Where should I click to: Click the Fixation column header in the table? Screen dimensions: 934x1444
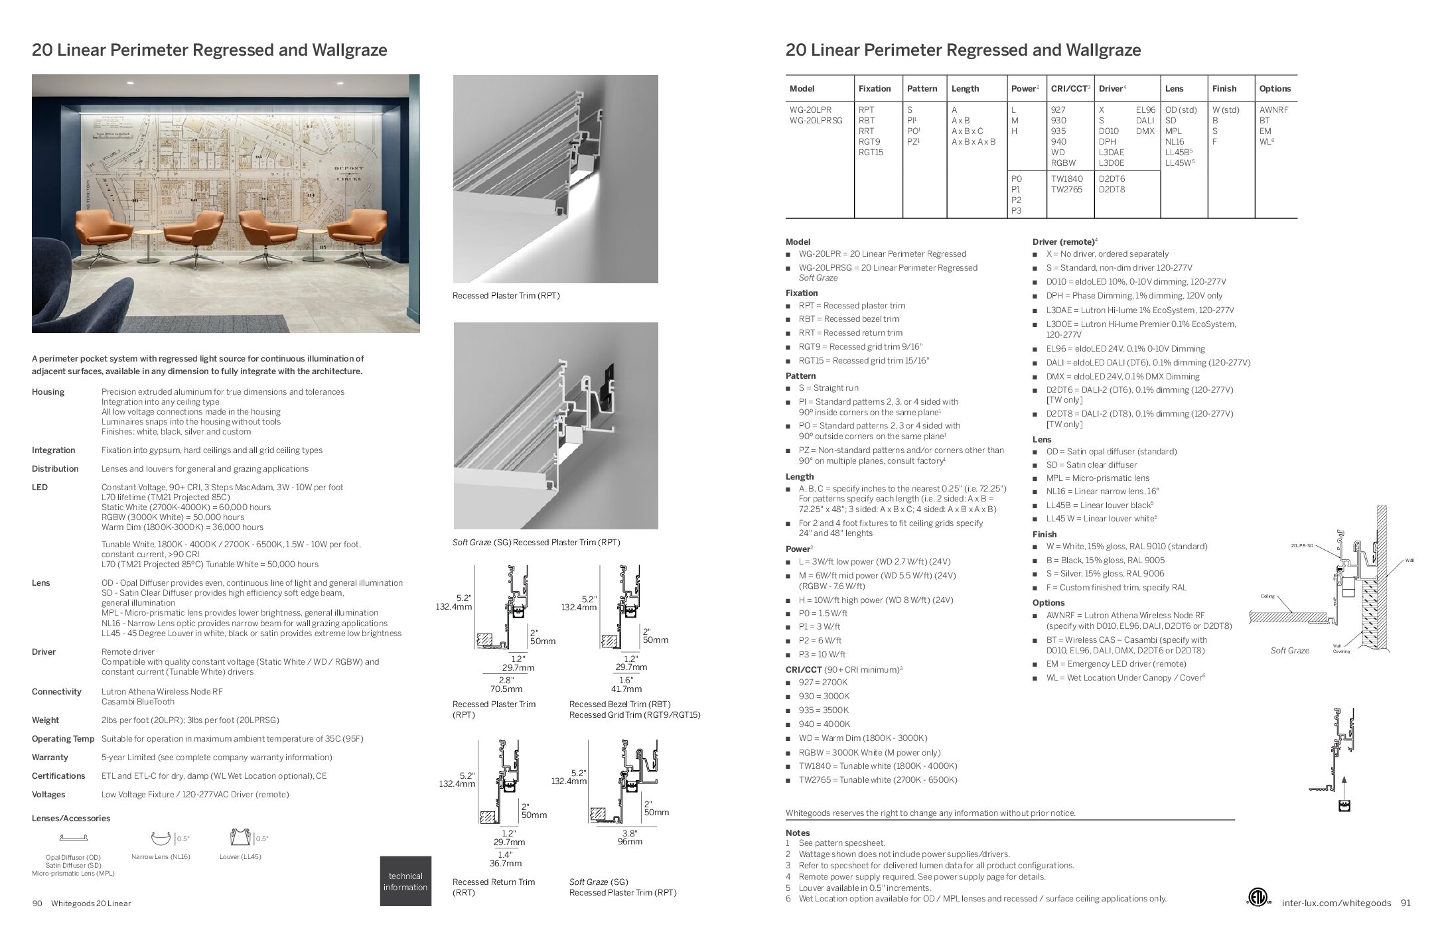click(x=874, y=89)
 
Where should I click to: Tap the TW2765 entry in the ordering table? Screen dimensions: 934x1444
click(x=1066, y=190)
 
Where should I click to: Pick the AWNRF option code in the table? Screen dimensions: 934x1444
click(x=1273, y=110)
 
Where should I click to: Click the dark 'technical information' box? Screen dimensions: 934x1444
click(x=405, y=882)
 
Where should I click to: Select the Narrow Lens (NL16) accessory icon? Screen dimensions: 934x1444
click(x=161, y=838)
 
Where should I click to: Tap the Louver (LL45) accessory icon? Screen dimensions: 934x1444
click(x=240, y=838)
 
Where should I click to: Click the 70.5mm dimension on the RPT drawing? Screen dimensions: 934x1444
click(x=506, y=689)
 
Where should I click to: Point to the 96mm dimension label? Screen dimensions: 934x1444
click(x=629, y=842)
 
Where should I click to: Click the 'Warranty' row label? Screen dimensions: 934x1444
click(x=50, y=758)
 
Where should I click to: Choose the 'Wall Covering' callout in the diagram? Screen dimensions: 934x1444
click(x=1341, y=649)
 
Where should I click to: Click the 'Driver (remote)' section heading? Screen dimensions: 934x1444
click(x=1062, y=242)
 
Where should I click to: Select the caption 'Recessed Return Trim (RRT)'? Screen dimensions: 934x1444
click(x=493, y=887)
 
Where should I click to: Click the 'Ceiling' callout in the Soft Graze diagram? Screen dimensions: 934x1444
click(x=1267, y=596)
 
